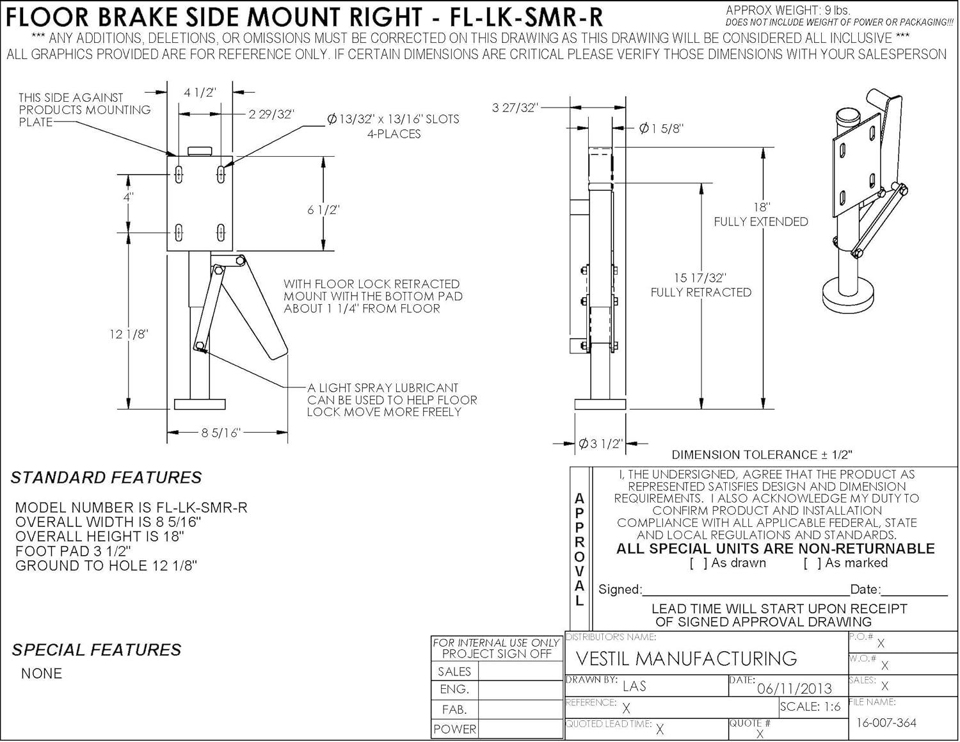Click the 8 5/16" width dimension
click(220, 433)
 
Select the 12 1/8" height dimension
click(129, 334)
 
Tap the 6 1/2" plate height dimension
click(323, 209)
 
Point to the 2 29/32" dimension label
click(271, 114)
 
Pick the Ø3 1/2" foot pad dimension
click(600, 444)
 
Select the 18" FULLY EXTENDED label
click(761, 214)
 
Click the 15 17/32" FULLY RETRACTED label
click(701, 285)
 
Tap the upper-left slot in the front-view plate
click(179, 173)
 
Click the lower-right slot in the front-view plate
click(221, 232)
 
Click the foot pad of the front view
click(200, 404)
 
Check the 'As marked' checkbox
click(812, 563)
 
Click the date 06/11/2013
click(794, 688)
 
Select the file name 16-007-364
click(886, 723)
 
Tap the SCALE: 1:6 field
click(810, 707)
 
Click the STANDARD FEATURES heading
click(106, 478)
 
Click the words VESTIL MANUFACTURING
click(686, 659)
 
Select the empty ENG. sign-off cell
click(520, 690)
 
